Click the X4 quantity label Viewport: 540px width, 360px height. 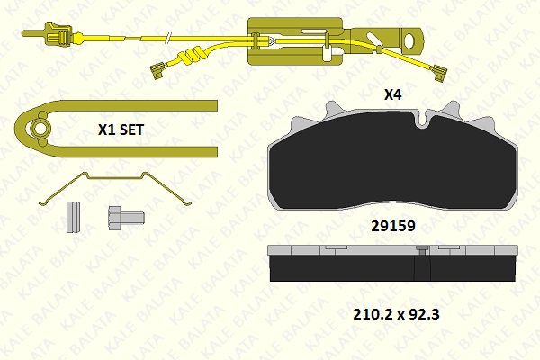(392, 94)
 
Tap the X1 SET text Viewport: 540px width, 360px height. (121, 130)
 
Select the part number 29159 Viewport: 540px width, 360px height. (393, 226)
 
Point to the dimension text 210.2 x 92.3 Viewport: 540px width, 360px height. (396, 314)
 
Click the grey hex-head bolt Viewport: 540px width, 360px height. (126, 218)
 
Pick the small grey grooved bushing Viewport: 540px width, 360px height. (73, 217)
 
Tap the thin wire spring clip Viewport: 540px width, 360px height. (116, 188)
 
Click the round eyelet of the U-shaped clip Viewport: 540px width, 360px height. (40, 129)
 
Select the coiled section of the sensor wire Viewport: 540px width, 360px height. (190, 56)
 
